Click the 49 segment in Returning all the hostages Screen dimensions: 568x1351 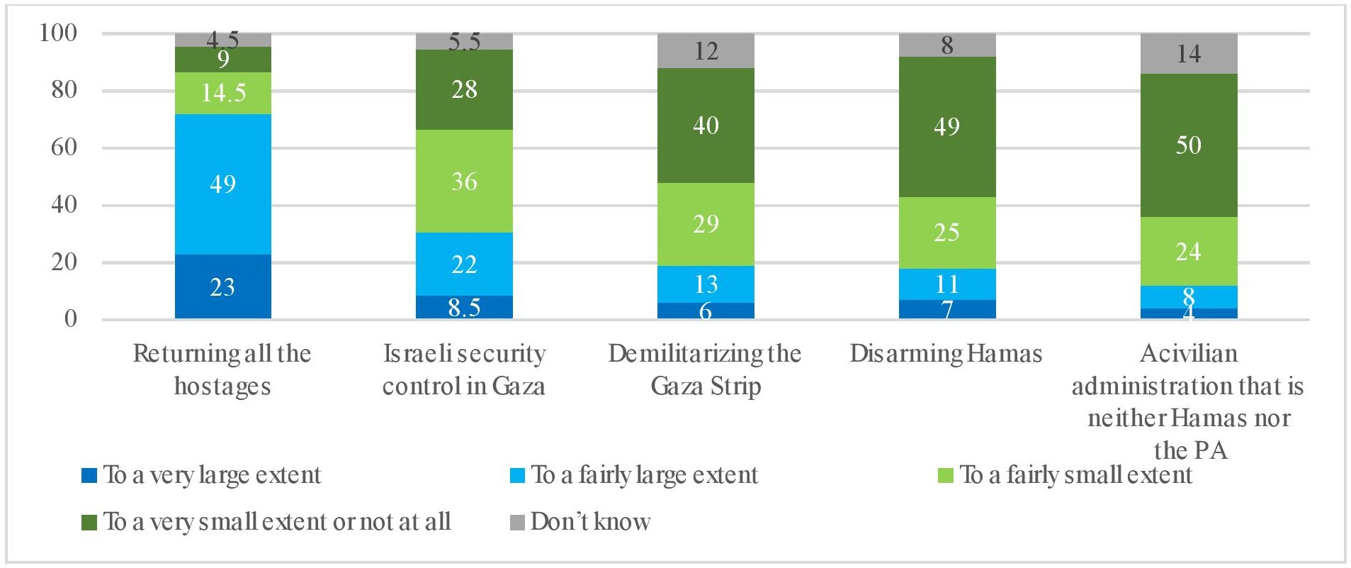(222, 184)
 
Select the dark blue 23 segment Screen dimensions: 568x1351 (222, 286)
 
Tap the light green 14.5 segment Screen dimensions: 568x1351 (222, 93)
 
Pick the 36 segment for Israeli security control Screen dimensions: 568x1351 (464, 182)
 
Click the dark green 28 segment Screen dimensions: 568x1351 (464, 89)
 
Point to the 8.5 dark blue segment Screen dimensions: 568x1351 (464, 307)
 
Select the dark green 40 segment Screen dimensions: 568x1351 (706, 126)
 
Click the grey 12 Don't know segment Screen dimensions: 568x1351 (706, 51)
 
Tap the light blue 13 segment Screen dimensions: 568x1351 (706, 284)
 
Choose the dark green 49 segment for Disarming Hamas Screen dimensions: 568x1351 (946, 127)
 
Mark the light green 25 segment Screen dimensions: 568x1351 (946, 233)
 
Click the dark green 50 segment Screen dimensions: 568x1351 (1188, 145)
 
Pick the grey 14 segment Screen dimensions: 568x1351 (1188, 54)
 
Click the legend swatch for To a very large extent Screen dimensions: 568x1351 (89, 475)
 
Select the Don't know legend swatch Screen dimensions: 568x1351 (517, 523)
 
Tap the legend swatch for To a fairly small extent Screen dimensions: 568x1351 (945, 475)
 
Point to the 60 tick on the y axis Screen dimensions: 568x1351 (64, 147)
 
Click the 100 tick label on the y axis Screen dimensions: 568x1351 (58, 33)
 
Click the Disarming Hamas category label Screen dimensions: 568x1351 (946, 353)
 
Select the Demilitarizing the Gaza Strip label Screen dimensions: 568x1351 (705, 369)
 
